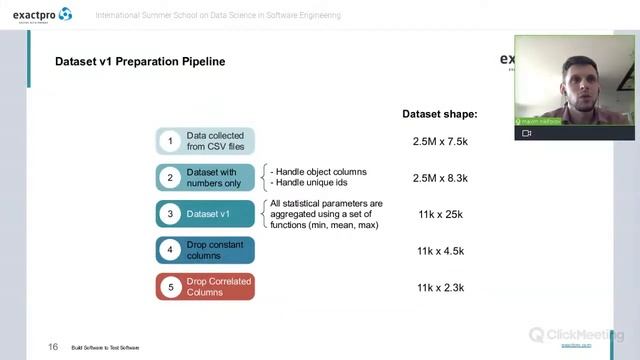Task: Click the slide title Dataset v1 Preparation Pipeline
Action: (x=140, y=62)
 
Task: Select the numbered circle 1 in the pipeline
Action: (x=170, y=141)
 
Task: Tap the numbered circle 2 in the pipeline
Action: (x=170, y=177)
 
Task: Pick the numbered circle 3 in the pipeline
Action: (x=170, y=213)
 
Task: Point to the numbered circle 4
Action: (x=170, y=250)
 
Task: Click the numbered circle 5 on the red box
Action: (x=170, y=286)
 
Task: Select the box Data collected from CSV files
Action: (x=214, y=141)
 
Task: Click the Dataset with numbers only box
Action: (x=214, y=177)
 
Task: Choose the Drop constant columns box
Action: (x=214, y=250)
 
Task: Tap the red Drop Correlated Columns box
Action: (x=214, y=286)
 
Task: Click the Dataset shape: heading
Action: (x=440, y=114)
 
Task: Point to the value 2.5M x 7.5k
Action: (x=440, y=142)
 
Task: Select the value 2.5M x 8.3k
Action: (x=440, y=178)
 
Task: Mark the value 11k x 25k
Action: (x=440, y=214)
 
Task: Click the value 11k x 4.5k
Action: (x=440, y=251)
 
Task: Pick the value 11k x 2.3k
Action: (x=440, y=288)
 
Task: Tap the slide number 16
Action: (x=53, y=347)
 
